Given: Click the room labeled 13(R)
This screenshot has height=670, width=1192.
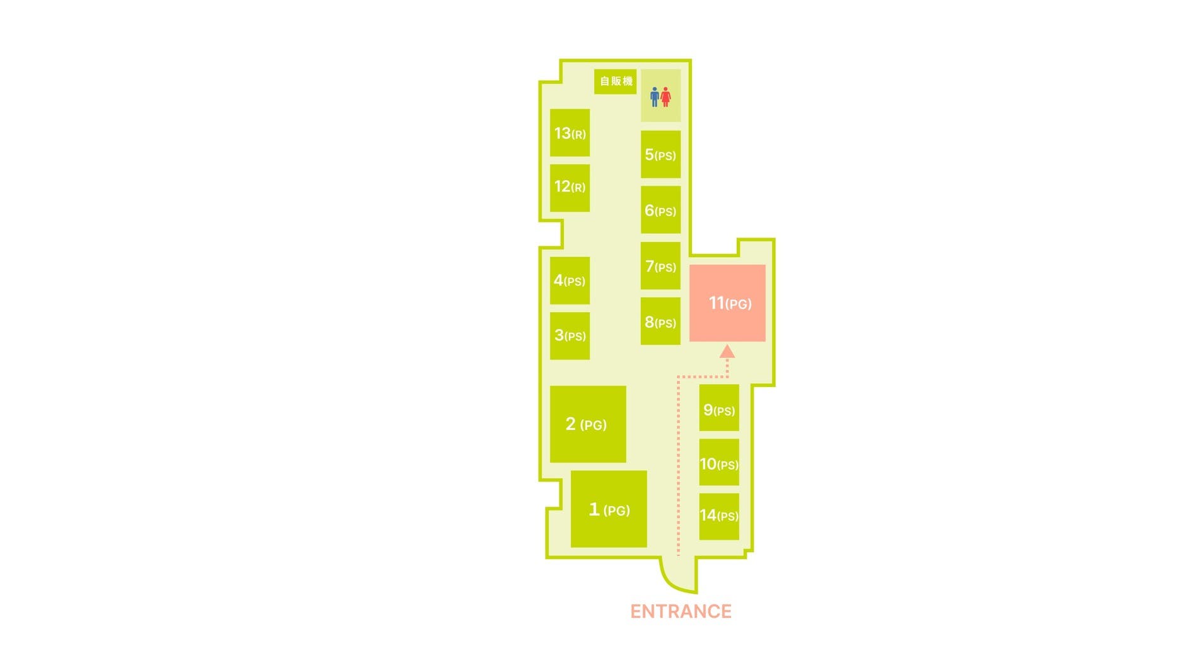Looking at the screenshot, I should pos(570,133).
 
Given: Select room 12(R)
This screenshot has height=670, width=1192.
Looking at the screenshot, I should pos(570,188).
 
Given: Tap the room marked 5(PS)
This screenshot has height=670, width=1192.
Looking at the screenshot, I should pos(660,154).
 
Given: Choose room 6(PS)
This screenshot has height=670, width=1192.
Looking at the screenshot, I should pos(660,210).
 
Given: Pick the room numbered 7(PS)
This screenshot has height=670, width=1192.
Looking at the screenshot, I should pos(660,266).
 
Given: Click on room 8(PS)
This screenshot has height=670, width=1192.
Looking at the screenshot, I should pos(660,321).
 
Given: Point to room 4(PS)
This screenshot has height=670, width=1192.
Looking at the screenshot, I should pos(570,280).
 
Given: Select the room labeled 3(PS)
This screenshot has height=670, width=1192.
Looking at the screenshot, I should pos(570,335).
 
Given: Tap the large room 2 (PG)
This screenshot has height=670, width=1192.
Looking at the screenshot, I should pos(588,424).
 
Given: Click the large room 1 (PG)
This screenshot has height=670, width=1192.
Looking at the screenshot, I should pos(609,509).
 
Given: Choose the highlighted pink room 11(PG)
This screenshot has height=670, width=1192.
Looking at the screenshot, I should pos(727,303).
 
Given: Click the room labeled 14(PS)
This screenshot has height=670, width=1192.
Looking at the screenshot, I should pos(719,516).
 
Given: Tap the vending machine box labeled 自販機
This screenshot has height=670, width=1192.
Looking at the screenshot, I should pos(615,81).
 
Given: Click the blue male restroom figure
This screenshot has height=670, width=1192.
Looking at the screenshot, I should pos(655,97).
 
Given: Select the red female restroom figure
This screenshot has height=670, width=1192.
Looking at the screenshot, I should pos(665,97).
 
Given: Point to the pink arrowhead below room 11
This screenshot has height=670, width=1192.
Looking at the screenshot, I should pos(727,351).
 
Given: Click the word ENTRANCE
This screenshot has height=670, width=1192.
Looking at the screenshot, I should pos(681,611).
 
